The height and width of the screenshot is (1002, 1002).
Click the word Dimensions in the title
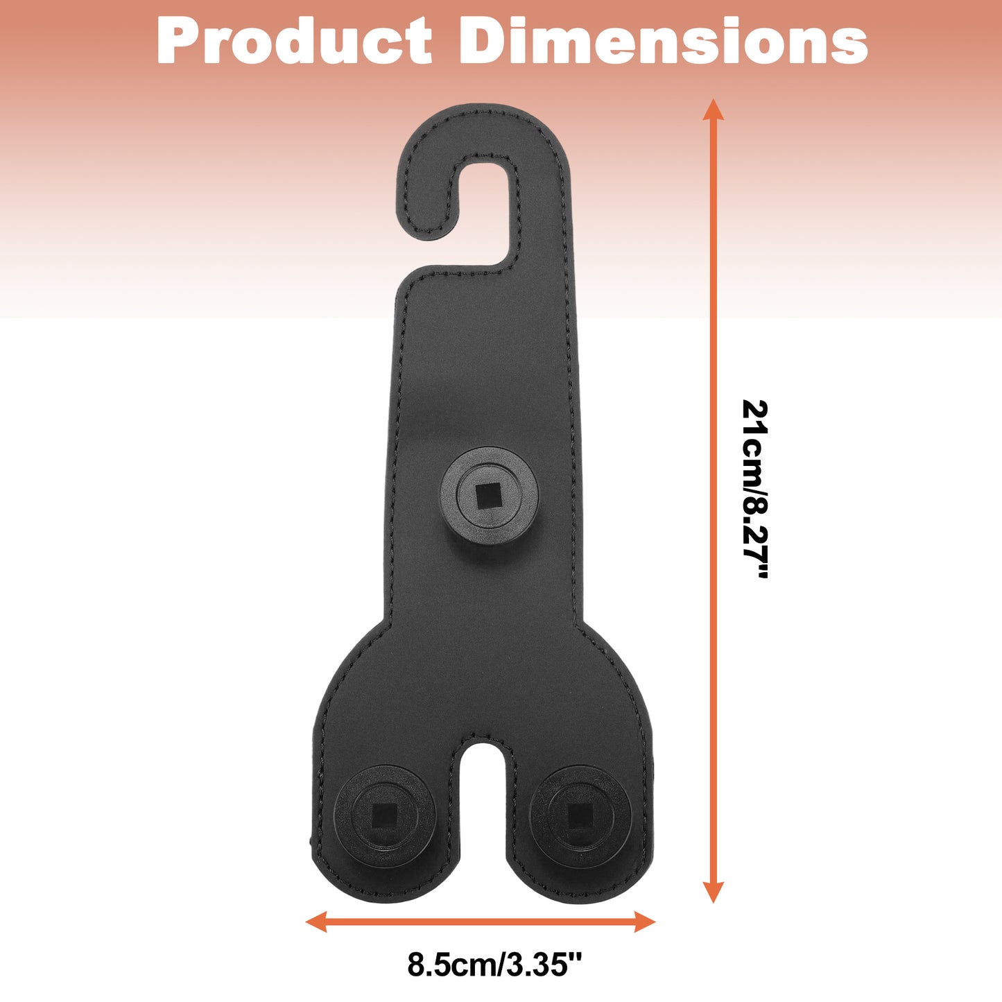coord(663,41)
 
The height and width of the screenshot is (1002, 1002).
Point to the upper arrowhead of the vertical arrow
coord(714,109)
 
